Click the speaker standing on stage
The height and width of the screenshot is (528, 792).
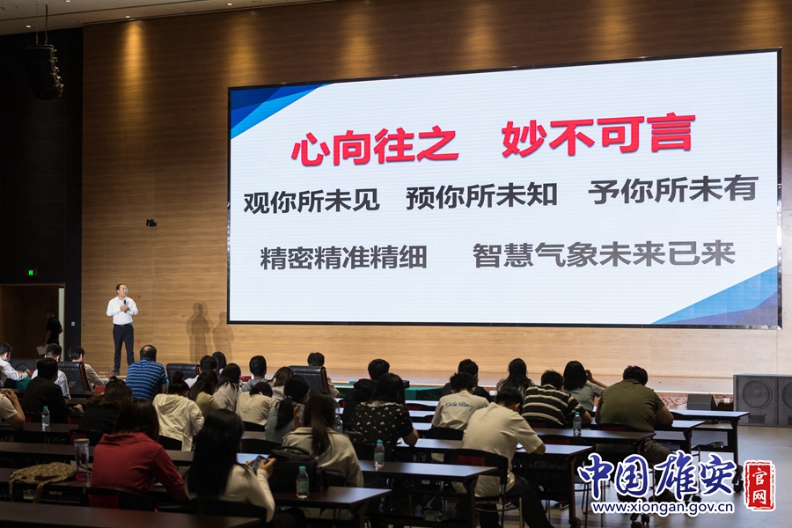point(121,328)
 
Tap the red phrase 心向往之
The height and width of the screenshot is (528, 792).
point(375,146)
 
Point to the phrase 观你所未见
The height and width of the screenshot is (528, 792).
point(312,200)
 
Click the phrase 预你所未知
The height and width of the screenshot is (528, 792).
point(482,195)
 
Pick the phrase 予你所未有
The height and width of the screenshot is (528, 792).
point(673,189)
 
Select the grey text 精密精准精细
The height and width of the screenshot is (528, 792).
point(343,256)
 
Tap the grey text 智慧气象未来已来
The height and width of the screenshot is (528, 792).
point(604,253)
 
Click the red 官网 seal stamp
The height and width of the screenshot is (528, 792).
point(759,485)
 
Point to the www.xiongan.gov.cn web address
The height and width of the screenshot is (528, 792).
point(663,507)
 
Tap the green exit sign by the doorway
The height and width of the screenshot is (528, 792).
point(32,272)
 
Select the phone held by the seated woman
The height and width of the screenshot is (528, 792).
point(260,462)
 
